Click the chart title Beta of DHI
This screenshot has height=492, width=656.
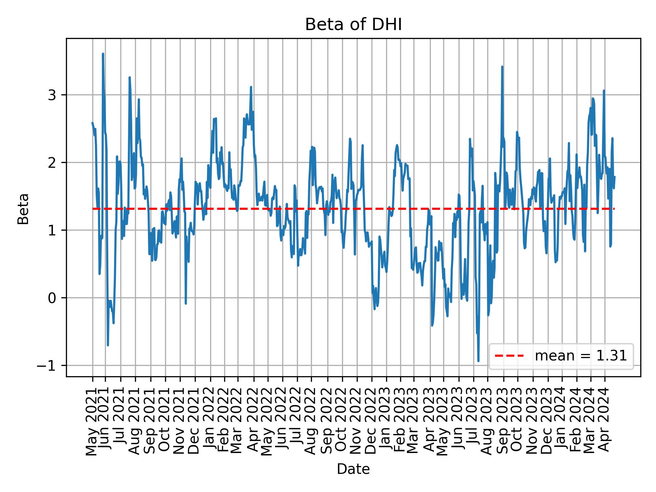[x=353, y=25]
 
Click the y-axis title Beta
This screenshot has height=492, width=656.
[x=23, y=209]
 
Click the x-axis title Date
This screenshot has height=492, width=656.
[x=353, y=469]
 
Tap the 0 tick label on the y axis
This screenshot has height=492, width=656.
[x=52, y=298]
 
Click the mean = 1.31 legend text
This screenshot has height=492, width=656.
[x=581, y=356]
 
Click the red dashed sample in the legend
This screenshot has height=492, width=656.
[x=509, y=356]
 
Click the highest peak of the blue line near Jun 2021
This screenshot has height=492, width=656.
[x=103, y=54]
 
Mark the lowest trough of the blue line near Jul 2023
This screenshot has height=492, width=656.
[x=478, y=361]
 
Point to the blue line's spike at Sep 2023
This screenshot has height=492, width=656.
[x=502, y=67]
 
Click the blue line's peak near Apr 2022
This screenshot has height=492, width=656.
[x=251, y=87]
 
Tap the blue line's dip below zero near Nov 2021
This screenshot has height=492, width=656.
[x=186, y=303]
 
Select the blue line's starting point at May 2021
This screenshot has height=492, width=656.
[x=92, y=123]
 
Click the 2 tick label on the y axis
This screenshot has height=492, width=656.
[x=52, y=163]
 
